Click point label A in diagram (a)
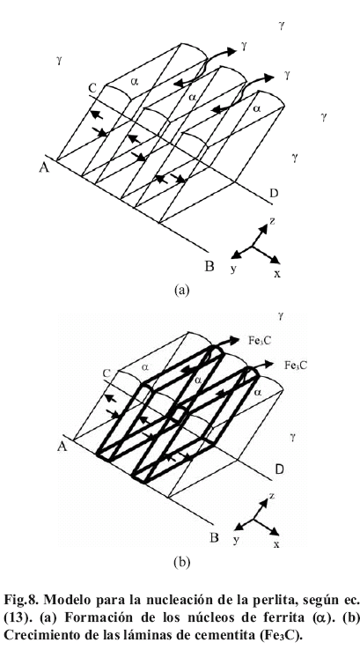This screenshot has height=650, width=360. (x=44, y=168)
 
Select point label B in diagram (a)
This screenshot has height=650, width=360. (x=210, y=266)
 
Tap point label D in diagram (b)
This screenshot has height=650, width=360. (x=280, y=469)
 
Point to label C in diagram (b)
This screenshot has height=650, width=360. (x=107, y=373)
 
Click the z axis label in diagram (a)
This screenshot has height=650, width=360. (x=272, y=220)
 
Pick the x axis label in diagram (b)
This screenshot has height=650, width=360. (x=276, y=544)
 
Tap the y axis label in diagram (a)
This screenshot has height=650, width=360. (x=233, y=269)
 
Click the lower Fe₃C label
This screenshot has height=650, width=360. (x=296, y=366)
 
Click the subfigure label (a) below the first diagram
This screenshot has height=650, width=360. (x=182, y=290)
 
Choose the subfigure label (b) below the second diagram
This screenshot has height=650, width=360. (x=182, y=562)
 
